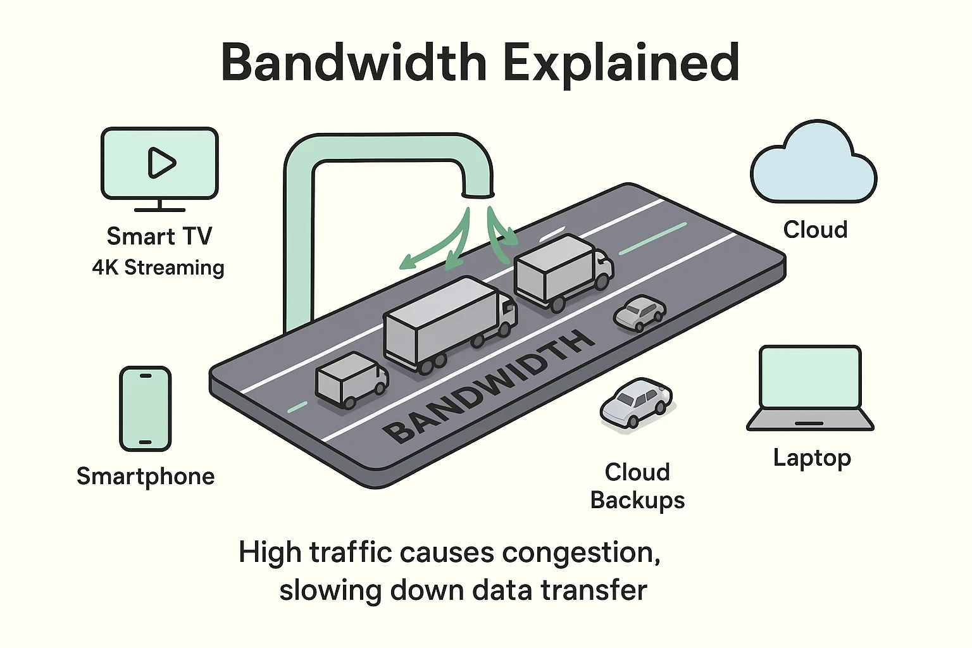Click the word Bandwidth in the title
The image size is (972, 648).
pos(354,63)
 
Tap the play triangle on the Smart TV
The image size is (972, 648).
pos(161,163)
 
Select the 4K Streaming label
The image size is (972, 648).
pos(158,268)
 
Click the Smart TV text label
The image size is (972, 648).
pos(159,236)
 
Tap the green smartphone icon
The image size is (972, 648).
pos(146,408)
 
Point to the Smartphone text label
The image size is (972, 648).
pos(146,476)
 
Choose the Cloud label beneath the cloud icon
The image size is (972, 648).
pos(815,229)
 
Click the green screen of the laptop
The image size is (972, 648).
pos(811,377)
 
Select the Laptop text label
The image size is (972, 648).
pos(812,458)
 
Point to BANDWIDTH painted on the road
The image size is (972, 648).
pos(490,387)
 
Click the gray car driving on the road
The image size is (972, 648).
pos(640,313)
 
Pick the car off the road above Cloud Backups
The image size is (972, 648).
pos(635,403)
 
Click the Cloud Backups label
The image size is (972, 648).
pos(637,486)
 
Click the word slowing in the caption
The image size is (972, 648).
pos(330,590)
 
